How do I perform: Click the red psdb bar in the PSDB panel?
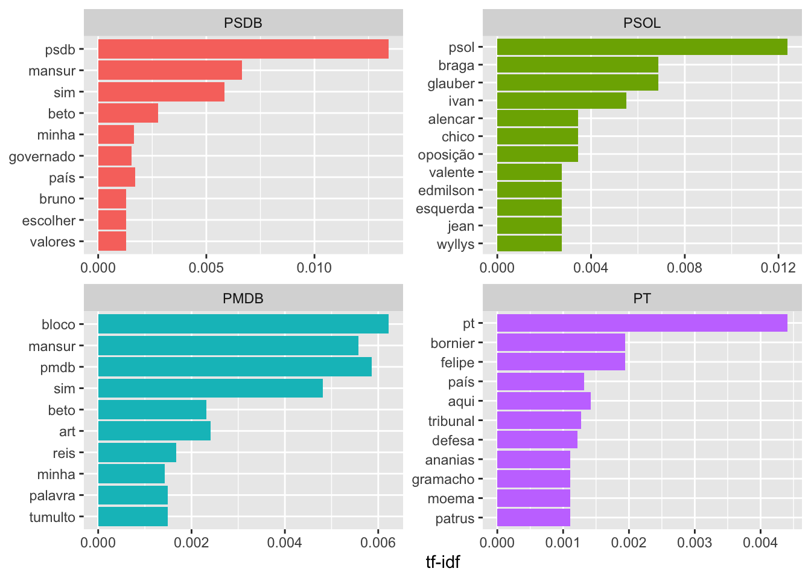pyautogui.click(x=243, y=49)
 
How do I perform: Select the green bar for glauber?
pyautogui.click(x=577, y=83)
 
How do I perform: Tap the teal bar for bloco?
pyautogui.click(x=243, y=324)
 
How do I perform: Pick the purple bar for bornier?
pyautogui.click(x=561, y=343)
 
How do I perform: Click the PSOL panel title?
pyautogui.click(x=642, y=23)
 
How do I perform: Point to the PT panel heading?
pyautogui.click(x=642, y=298)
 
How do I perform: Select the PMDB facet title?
pyautogui.click(x=243, y=298)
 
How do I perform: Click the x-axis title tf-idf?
pyautogui.click(x=442, y=562)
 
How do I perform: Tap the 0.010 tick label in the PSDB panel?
pyautogui.click(x=314, y=268)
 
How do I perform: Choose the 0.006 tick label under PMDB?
pyautogui.click(x=378, y=543)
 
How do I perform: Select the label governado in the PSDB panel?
pyautogui.click(x=42, y=156)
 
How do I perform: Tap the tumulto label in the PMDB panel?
pyautogui.click(x=52, y=517)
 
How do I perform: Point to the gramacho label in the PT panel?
pyautogui.click(x=443, y=479)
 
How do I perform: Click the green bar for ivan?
pyautogui.click(x=561, y=101)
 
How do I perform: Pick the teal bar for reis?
pyautogui.click(x=137, y=453)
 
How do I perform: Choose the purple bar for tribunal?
pyautogui.click(x=539, y=420)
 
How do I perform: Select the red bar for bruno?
pyautogui.click(x=112, y=199)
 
